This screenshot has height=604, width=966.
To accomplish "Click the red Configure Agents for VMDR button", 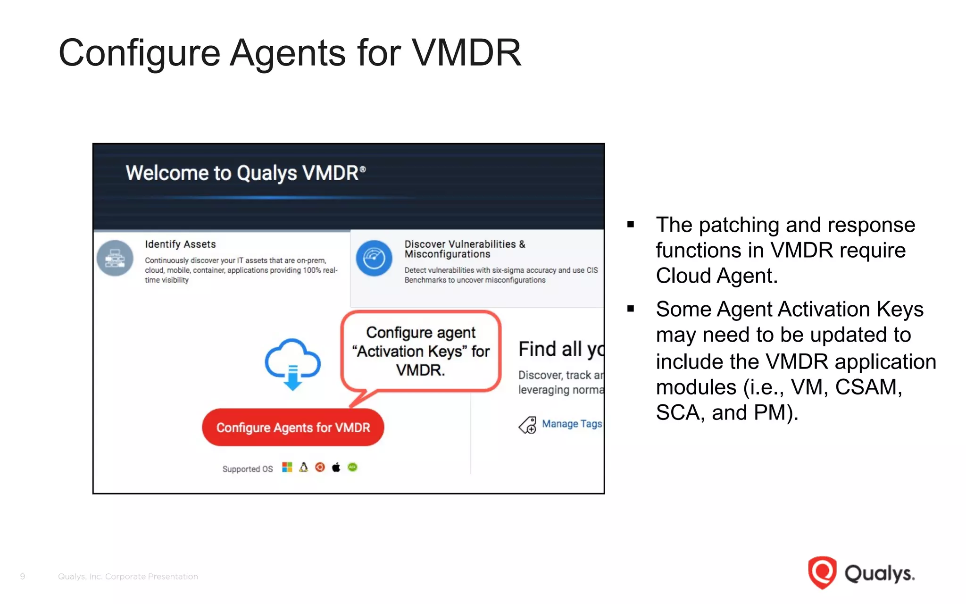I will click(293, 428).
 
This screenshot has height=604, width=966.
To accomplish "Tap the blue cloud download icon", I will click(293, 364).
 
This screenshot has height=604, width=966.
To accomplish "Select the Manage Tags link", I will click(572, 424).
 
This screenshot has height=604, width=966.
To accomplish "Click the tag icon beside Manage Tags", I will click(528, 425).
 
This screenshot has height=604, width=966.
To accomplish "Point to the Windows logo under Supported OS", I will click(287, 467).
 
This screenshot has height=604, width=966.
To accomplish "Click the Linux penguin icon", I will click(304, 467).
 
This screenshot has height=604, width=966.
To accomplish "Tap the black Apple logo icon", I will click(336, 467).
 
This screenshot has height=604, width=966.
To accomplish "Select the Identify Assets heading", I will click(180, 244).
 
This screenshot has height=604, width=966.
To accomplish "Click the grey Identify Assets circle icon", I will click(115, 258).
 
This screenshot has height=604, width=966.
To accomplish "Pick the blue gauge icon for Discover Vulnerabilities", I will click(374, 258).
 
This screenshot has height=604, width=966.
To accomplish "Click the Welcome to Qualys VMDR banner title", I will click(245, 173).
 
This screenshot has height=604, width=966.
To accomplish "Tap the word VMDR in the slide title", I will click(466, 53).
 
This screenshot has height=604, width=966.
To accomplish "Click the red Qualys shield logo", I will click(822, 572).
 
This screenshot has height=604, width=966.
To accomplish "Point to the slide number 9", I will click(23, 576).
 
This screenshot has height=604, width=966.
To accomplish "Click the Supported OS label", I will click(248, 469).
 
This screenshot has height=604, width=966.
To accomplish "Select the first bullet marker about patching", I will click(631, 225).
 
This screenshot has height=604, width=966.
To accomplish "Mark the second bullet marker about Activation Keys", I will click(631, 309).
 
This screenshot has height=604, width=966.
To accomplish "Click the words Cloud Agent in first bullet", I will click(716, 276).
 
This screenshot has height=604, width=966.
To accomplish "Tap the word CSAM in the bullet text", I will click(868, 387).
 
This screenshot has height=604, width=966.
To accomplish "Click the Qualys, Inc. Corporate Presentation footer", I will click(128, 576).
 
